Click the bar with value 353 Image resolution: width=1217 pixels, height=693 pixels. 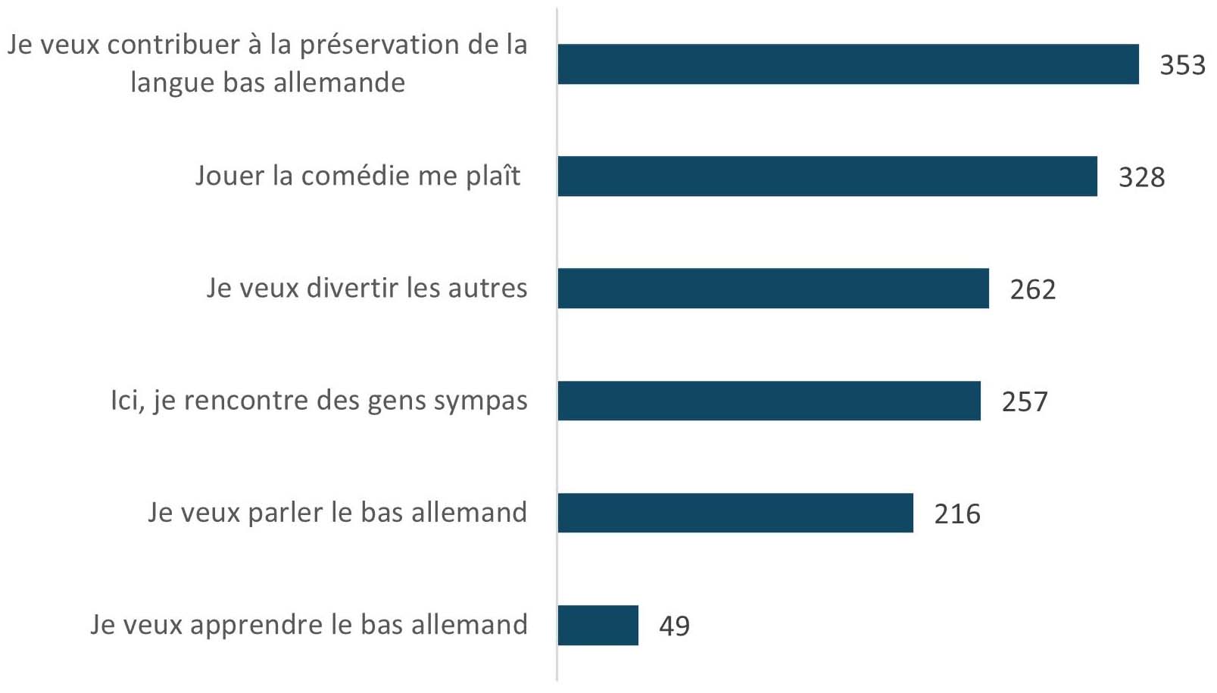[x=848, y=64]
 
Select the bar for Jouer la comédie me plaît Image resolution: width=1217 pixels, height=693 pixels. [x=827, y=176]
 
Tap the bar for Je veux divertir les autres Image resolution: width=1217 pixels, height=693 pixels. [x=773, y=289]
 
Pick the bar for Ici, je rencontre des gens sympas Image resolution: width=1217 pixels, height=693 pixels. [x=769, y=401]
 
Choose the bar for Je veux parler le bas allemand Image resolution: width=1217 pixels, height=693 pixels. [x=735, y=513]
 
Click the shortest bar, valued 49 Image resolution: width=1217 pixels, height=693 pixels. [x=598, y=626]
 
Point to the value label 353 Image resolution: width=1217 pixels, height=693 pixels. [x=1182, y=65]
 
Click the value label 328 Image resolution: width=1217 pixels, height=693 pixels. [x=1141, y=177]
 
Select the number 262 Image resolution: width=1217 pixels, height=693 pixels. [x=1032, y=289]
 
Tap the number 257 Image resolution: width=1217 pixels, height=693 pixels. [x=1025, y=401]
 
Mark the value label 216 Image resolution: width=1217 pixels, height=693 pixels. [x=957, y=514]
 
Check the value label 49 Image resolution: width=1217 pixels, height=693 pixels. [x=674, y=626]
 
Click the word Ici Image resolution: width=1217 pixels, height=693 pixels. [x=126, y=400]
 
